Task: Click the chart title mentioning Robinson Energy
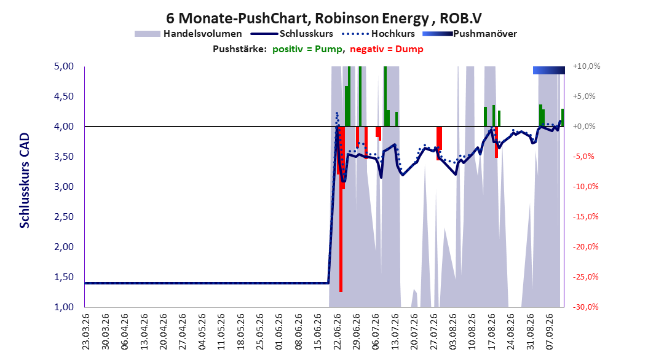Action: point(323,18)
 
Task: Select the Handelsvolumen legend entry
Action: point(189,34)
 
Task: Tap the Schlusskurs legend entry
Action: point(292,34)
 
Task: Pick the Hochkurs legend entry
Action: point(379,34)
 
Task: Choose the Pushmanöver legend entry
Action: point(470,34)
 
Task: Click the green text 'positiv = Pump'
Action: point(307,49)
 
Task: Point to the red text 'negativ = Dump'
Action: point(387,49)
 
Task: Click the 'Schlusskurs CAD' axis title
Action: point(25,181)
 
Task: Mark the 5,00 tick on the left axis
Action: point(64,66)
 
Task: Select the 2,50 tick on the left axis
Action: point(64,217)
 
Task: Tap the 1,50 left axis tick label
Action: point(64,277)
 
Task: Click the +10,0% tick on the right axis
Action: point(587,66)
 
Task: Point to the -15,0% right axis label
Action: point(585,217)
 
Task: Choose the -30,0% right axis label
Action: point(585,307)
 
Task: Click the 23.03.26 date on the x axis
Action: point(85,332)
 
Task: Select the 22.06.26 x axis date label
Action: point(337,332)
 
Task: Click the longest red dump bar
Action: point(341,209)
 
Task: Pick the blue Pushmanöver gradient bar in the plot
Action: point(549,70)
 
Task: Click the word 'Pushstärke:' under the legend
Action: point(240,49)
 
